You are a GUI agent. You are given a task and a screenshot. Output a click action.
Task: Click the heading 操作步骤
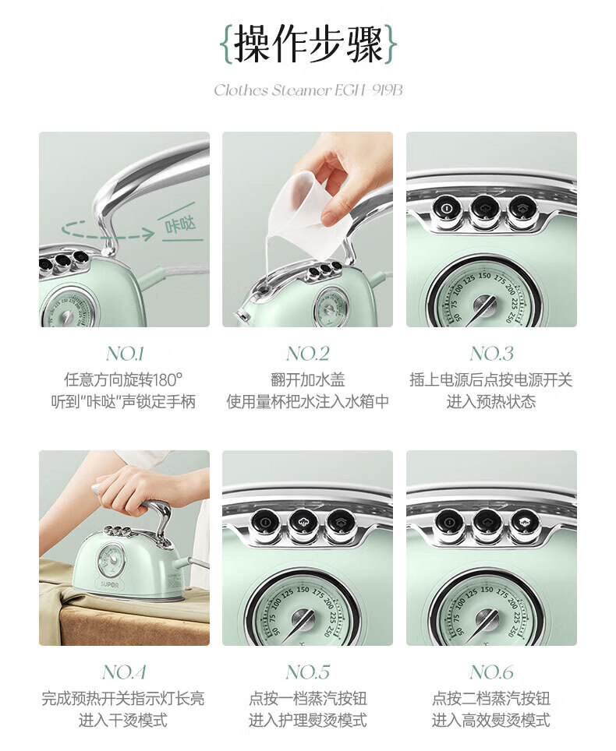(x=308, y=44)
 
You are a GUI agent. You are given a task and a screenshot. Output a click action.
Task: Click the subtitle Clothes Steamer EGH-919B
(x=308, y=90)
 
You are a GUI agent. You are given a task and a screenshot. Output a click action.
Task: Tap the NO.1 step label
(x=125, y=354)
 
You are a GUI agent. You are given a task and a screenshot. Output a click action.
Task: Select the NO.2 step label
(x=308, y=354)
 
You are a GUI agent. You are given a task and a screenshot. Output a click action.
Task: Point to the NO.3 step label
(x=491, y=354)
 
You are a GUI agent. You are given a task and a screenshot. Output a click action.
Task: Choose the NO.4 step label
(x=124, y=672)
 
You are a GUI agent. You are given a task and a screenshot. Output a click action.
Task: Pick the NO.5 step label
(x=308, y=672)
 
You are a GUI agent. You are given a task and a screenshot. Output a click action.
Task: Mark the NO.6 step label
(x=491, y=672)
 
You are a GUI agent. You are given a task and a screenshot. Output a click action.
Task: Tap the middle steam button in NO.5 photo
(x=303, y=523)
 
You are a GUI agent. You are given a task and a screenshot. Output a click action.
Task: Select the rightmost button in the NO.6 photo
(x=525, y=523)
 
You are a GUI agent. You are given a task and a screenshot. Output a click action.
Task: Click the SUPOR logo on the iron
(x=110, y=585)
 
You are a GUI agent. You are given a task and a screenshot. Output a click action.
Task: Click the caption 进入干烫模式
(x=123, y=720)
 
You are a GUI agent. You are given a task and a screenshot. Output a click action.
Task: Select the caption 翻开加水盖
(x=308, y=380)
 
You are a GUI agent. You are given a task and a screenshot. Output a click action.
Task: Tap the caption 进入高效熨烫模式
(x=491, y=720)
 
